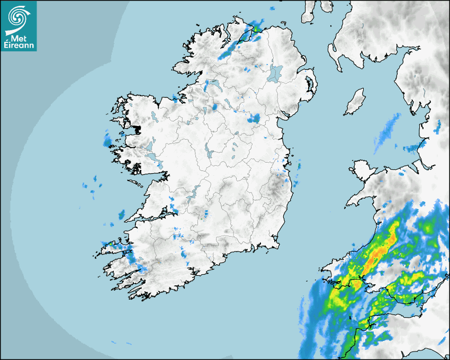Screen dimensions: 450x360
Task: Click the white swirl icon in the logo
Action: (x=18, y=17)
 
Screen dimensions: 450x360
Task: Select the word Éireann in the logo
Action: (x=18, y=46)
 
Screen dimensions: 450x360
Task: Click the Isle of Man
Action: (x=355, y=102)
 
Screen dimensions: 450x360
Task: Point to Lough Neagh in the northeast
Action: (x=275, y=73)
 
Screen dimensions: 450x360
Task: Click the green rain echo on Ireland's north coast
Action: (x=258, y=28)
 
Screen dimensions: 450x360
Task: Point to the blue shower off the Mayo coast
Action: (x=108, y=141)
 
